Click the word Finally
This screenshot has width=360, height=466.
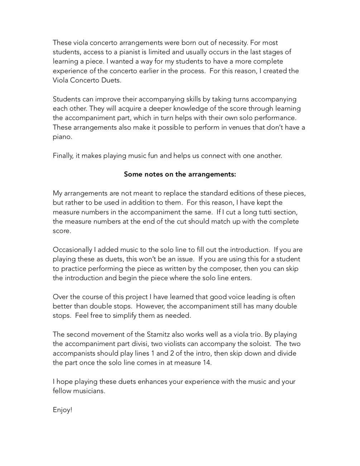point(63,156)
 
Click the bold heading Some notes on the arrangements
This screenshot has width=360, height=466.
point(180,174)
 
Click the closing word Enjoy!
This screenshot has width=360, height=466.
point(62,410)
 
